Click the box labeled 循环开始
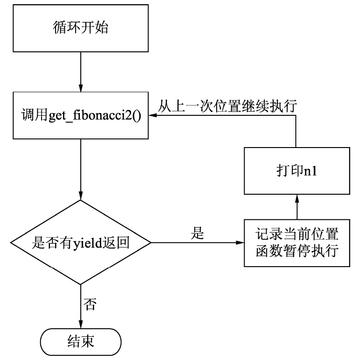(81, 28)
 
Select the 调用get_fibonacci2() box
(81, 115)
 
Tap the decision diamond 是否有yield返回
(81, 243)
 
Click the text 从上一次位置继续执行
(227, 106)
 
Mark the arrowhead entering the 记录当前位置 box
(240, 243)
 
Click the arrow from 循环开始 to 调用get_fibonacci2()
(81, 70)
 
